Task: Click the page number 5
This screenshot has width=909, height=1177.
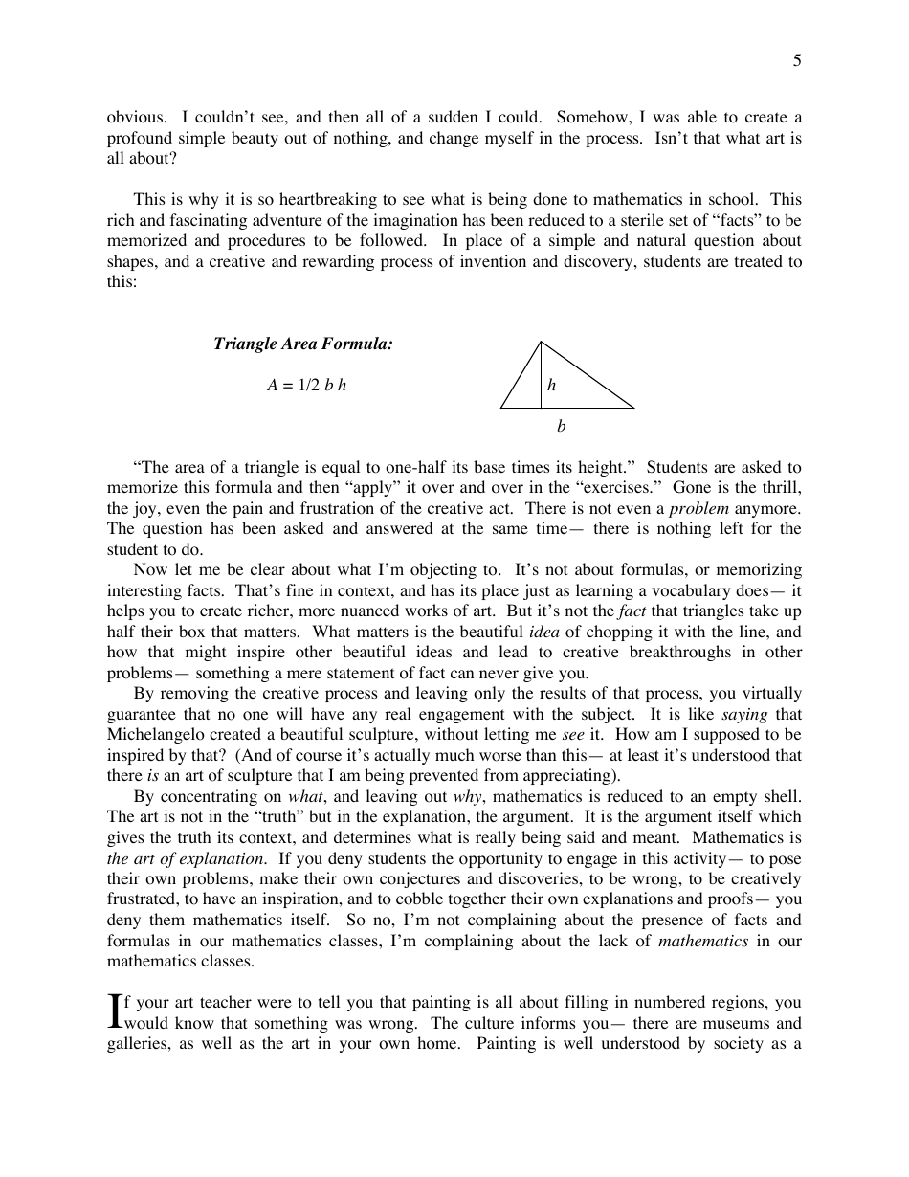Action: [797, 62]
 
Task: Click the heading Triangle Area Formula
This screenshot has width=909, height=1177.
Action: [302, 344]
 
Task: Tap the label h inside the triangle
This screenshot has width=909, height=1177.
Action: [552, 385]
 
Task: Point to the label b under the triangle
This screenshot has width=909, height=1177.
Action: [562, 427]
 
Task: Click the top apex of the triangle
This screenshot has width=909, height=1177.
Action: [542, 342]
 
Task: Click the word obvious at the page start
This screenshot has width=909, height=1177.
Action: [134, 117]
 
